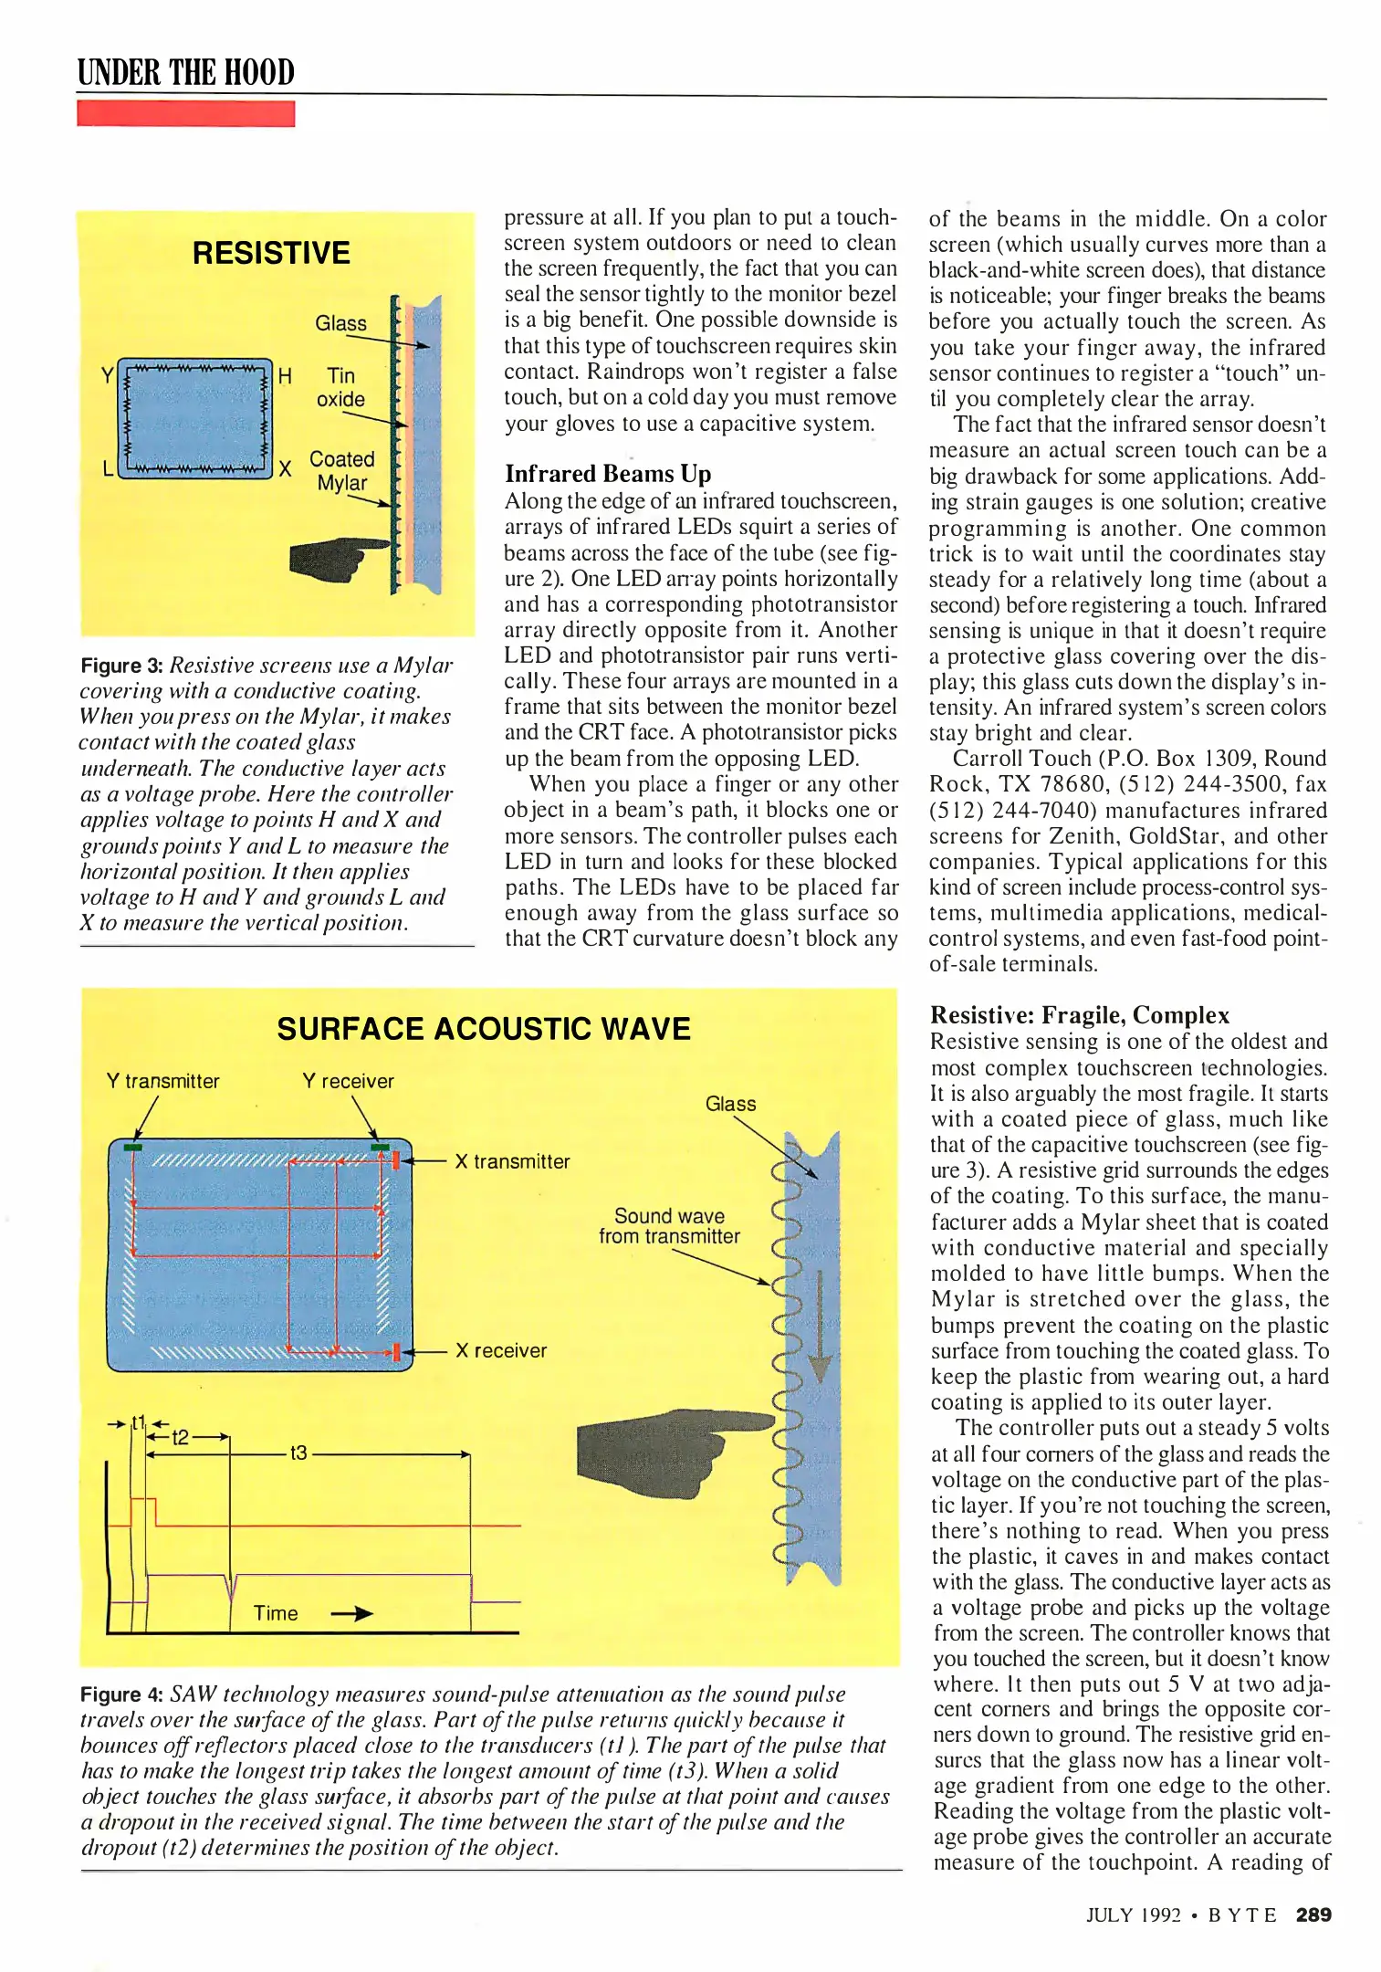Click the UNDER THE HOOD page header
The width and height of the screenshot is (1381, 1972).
[x=186, y=71]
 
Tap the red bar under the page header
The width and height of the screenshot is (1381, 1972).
[x=186, y=114]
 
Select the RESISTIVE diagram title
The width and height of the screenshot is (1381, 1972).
[x=271, y=253]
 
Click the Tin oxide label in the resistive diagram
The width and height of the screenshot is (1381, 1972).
[x=340, y=387]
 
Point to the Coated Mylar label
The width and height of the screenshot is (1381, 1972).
[x=341, y=470]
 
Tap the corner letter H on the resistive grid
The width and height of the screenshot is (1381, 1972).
[x=285, y=376]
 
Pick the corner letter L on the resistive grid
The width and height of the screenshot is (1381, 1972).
[x=108, y=469]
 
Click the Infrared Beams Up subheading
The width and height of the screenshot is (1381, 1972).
[x=608, y=473]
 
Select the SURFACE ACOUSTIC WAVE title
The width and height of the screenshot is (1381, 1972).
[x=484, y=1029]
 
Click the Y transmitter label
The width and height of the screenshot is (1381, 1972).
[x=162, y=1081]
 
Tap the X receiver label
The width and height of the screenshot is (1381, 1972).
[x=501, y=1350]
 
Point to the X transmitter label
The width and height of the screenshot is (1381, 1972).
[x=512, y=1161]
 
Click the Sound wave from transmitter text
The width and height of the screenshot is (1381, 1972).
[x=669, y=1226]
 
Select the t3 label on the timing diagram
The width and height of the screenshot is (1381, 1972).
[x=298, y=1452]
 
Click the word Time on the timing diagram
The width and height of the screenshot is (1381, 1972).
[x=276, y=1613]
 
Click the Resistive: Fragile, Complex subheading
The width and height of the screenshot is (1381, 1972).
[x=1080, y=1015]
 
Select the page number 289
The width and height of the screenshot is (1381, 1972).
[x=1313, y=1914]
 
